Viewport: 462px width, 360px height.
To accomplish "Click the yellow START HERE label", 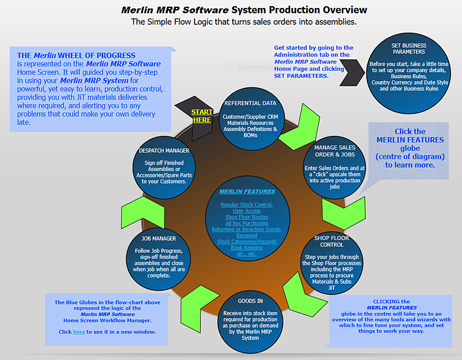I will pyautogui.click(x=202, y=116).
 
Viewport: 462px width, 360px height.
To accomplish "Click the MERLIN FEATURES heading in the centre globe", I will pyautogui.click(x=247, y=192).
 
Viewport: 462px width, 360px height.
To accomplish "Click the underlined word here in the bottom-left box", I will pyautogui.click(x=79, y=332).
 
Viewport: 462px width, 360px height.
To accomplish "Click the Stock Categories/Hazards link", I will pyautogui.click(x=246, y=242).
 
